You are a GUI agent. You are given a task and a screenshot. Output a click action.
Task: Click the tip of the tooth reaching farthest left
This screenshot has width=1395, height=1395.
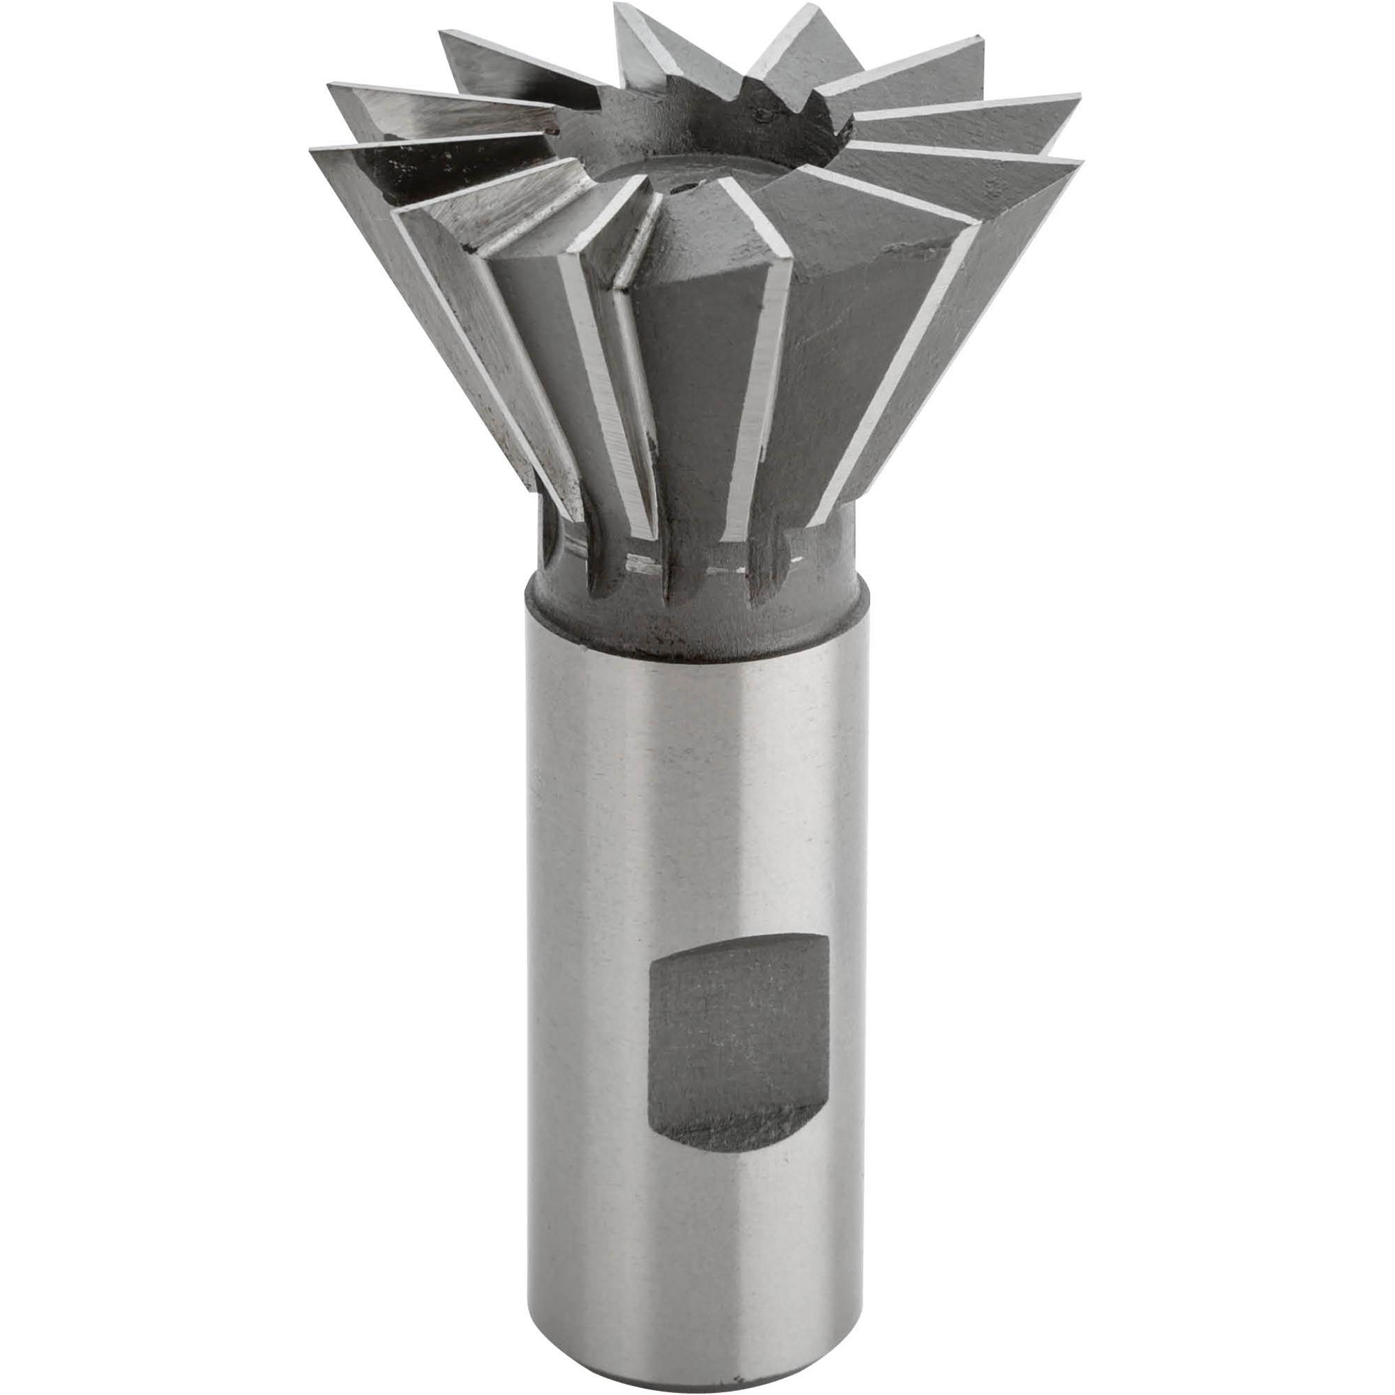tap(312, 150)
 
